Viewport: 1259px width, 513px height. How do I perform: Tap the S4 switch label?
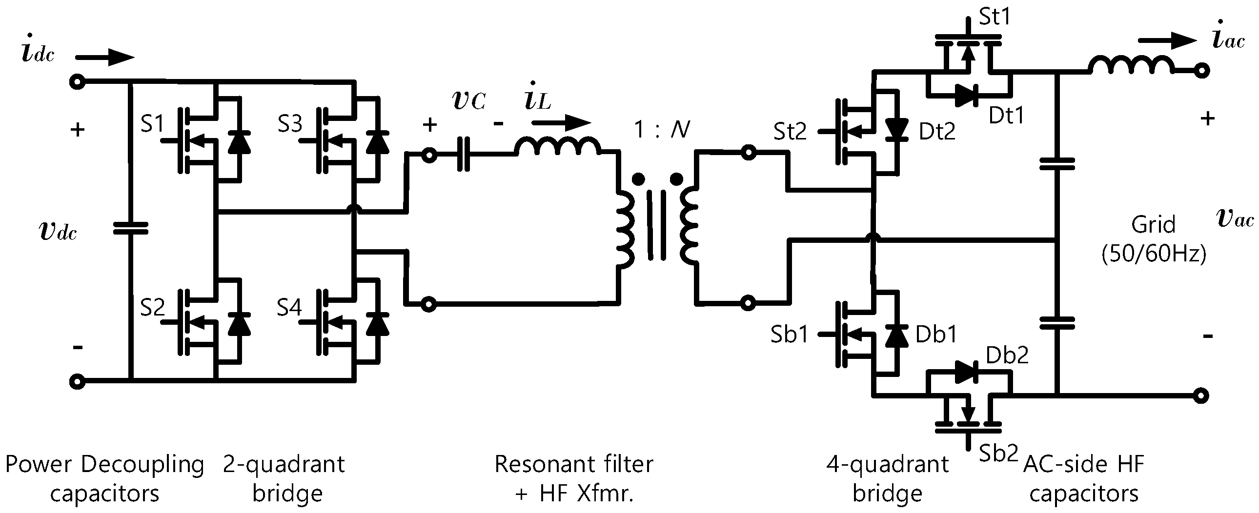(289, 308)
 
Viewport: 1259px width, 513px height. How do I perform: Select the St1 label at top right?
(995, 18)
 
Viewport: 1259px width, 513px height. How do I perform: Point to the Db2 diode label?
(1007, 355)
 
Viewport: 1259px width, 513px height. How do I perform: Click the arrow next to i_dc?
(105, 57)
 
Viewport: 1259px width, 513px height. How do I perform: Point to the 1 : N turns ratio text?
(662, 130)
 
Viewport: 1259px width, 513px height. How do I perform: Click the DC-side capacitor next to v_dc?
(130, 228)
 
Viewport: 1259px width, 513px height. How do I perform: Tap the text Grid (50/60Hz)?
(1154, 239)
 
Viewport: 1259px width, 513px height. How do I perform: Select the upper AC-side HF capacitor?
(1056, 164)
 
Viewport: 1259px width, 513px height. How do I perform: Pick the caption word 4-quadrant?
(887, 464)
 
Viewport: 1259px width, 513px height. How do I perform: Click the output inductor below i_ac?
(1131, 66)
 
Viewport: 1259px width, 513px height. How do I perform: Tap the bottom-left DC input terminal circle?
(77, 381)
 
